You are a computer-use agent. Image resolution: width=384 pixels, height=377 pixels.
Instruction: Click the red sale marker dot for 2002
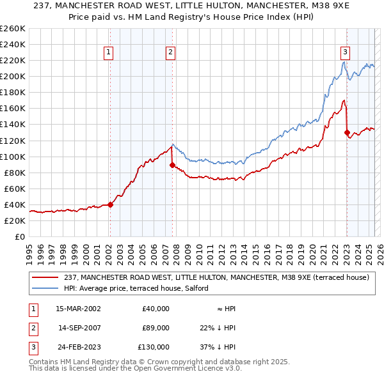point(110,204)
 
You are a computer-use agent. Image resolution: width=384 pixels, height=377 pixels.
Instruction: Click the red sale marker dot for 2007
point(172,165)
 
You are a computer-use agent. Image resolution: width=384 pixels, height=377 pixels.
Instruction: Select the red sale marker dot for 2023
point(347,133)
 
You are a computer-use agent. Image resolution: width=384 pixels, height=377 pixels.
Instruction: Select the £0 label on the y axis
point(20,236)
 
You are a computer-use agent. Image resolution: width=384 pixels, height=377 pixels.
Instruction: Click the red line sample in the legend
point(45,277)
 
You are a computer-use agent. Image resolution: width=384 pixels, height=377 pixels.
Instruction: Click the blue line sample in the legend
point(45,288)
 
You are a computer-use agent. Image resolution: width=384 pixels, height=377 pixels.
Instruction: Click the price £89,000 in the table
point(156,328)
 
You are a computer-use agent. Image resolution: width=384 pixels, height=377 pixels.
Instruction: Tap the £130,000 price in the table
point(154,347)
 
